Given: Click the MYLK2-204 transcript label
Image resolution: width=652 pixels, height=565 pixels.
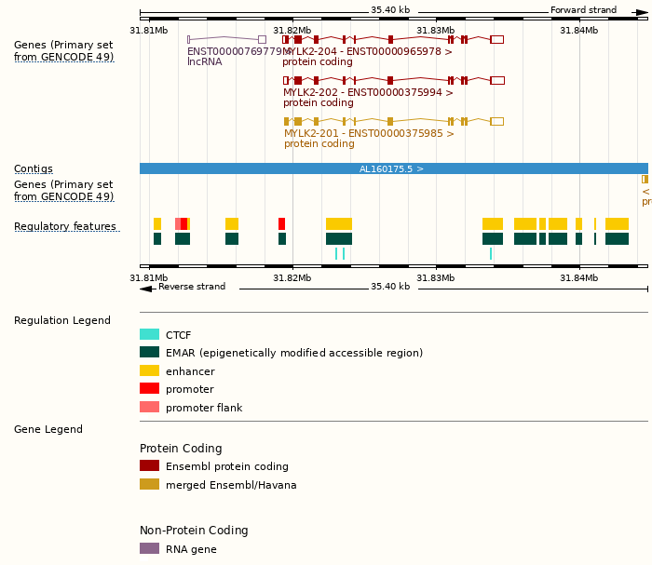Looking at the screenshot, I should [368, 52].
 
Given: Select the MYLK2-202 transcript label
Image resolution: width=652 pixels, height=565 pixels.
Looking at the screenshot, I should [368, 92].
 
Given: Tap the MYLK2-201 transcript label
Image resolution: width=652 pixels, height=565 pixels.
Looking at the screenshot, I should [369, 133].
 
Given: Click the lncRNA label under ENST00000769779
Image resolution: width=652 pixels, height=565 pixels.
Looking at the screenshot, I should [205, 62].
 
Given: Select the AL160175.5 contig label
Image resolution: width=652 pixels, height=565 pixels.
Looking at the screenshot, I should [391, 169].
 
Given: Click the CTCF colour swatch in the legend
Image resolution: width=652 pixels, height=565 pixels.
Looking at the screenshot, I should [149, 335].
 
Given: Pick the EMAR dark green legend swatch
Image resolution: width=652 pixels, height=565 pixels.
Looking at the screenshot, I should [149, 353].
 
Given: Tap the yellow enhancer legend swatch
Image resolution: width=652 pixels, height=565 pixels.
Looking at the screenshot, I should [149, 370].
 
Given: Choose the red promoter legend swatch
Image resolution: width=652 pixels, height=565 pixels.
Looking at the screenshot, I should [149, 389].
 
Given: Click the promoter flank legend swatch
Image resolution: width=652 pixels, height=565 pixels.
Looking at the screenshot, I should [149, 407].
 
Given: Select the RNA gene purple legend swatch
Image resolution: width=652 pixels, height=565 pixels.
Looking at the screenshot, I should [149, 549].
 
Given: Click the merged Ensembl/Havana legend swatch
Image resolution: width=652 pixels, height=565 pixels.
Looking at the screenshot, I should [149, 484].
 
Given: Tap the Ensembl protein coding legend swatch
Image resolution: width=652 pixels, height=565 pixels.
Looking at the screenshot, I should [149, 466].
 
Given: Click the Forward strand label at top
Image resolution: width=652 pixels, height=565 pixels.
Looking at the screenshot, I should [583, 10].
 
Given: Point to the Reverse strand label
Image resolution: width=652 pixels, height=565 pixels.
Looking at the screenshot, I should [192, 287].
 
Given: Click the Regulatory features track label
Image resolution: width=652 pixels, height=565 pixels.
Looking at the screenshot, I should [65, 227].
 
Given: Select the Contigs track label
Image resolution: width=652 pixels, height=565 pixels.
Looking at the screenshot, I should [34, 169].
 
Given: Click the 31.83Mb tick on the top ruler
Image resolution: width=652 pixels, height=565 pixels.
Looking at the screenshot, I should [436, 30].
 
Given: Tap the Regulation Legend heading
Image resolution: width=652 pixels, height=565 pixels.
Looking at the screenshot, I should [62, 321].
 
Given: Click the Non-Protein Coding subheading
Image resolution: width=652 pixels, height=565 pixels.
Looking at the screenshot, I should [194, 531].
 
